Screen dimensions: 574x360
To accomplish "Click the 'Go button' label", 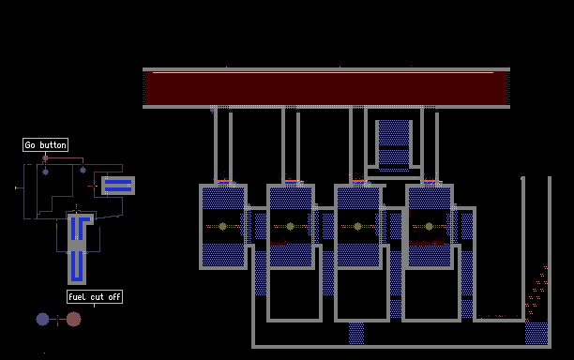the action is point(45,145).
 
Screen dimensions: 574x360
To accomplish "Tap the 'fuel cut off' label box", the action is point(95,296).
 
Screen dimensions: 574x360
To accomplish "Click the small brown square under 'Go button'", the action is point(45,158).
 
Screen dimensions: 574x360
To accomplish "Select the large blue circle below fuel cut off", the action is point(42,319).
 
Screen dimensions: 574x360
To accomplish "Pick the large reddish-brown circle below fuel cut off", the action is point(73,319).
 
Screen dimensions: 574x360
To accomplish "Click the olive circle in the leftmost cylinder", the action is point(222,227).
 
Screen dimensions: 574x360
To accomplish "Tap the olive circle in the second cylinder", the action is point(291,227).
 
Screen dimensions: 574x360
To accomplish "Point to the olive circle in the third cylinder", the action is point(358,227).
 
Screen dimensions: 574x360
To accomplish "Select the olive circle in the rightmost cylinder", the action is point(429,227).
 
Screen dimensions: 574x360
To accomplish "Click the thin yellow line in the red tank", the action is point(323,72).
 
